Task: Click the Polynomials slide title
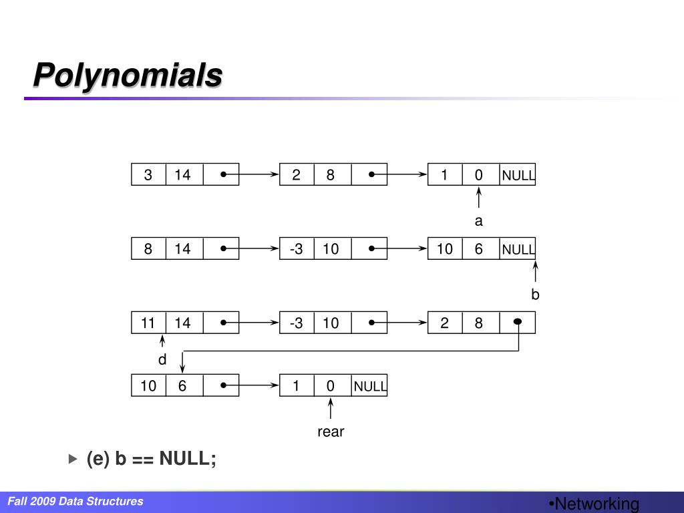click(128, 75)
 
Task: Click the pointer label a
click(478, 221)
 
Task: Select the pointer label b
click(535, 295)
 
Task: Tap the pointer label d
click(162, 360)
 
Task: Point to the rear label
click(331, 432)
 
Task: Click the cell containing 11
click(148, 323)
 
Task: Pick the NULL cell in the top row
click(518, 176)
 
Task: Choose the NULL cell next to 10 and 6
click(518, 250)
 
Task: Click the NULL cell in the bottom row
click(370, 386)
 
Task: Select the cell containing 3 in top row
click(148, 175)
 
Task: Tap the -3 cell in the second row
click(297, 249)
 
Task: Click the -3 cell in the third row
click(297, 323)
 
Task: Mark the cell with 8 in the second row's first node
click(148, 249)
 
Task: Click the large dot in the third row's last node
click(518, 322)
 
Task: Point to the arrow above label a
click(479, 198)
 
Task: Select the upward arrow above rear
click(331, 408)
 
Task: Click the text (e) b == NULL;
click(152, 459)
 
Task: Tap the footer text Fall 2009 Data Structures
click(75, 501)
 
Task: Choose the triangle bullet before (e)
click(73, 459)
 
